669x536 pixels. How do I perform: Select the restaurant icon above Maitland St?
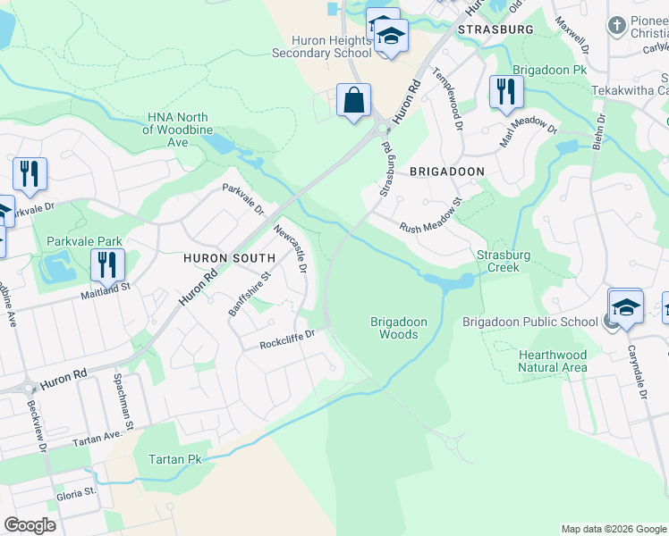[107, 264]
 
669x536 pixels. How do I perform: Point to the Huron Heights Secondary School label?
[321, 46]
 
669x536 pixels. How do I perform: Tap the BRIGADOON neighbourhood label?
[447, 171]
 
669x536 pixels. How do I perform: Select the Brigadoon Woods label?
[398, 328]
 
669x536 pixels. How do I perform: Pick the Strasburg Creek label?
[504, 261]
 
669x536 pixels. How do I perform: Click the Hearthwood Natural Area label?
[553, 361]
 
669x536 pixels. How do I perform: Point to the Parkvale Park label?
[84, 241]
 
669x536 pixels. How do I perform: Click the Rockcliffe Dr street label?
[288, 339]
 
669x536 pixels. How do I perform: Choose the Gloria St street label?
[76, 493]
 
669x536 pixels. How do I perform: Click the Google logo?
[30, 525]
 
